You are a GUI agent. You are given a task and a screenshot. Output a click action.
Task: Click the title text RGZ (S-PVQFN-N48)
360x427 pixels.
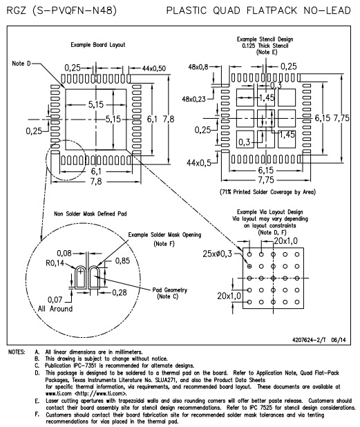pyautogui.click(x=61, y=10)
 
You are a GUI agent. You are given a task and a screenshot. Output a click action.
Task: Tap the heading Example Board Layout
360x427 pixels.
pyautogui.click(x=98, y=45)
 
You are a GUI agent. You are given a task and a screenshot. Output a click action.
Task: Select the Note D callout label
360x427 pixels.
pyautogui.click(x=21, y=64)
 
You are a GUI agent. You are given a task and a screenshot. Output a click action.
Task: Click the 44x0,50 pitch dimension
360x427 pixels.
pyautogui.click(x=154, y=68)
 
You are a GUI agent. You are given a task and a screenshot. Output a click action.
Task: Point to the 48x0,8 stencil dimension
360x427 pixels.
pyautogui.click(x=198, y=67)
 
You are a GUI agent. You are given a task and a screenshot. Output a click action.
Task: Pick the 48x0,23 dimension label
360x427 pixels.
pyautogui.click(x=193, y=99)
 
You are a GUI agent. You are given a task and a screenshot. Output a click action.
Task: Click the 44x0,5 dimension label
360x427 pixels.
pyautogui.click(x=199, y=163)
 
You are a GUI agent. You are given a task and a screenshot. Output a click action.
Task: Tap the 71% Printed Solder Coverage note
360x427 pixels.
pyautogui.click(x=267, y=192)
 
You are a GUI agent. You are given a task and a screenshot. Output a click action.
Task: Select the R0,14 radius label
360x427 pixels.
pyautogui.click(x=55, y=263)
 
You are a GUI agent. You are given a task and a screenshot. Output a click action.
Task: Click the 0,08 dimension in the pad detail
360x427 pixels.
pyautogui.click(x=64, y=254)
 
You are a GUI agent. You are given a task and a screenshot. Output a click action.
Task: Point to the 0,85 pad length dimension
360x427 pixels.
pyautogui.click(x=122, y=261)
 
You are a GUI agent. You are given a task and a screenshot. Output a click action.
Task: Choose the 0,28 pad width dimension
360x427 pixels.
pyautogui.click(x=120, y=293)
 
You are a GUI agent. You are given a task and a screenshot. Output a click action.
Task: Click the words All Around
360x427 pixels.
pyautogui.click(x=55, y=309)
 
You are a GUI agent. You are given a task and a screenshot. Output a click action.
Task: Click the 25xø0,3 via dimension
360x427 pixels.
pyautogui.click(x=217, y=254)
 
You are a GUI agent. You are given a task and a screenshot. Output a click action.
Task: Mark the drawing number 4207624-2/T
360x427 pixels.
pyautogui.click(x=309, y=340)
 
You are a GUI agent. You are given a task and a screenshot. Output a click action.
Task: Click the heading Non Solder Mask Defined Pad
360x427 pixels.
pyautogui.click(x=91, y=213)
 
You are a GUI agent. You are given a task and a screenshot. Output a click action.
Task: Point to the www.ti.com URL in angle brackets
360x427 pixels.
pyautogui.click(x=101, y=394)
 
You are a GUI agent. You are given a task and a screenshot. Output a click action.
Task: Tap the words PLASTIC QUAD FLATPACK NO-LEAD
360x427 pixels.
pyautogui.click(x=258, y=10)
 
